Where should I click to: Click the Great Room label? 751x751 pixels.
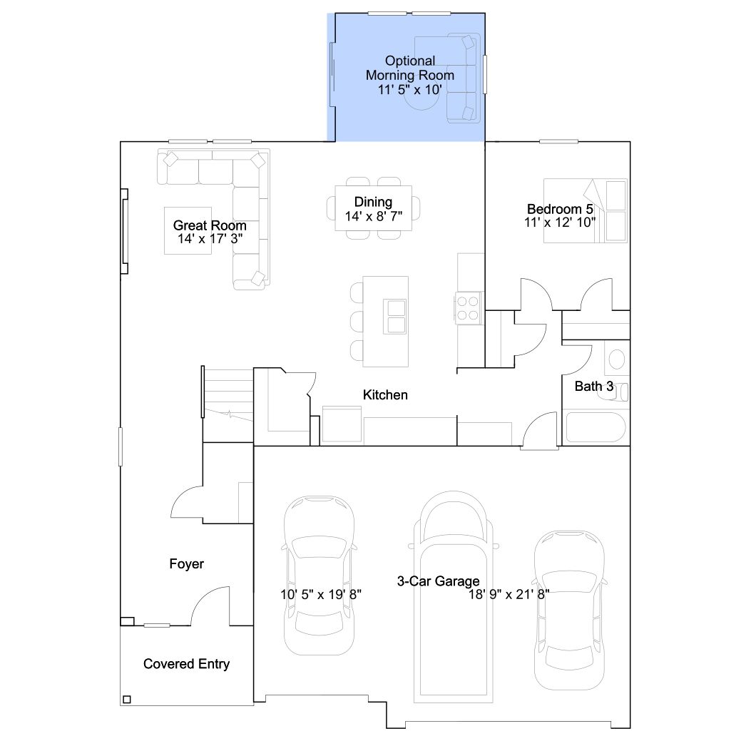click(x=210, y=225)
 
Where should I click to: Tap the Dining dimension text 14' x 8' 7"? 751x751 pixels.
click(x=374, y=217)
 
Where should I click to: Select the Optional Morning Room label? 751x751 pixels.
click(x=410, y=68)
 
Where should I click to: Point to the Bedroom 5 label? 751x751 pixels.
click(x=560, y=209)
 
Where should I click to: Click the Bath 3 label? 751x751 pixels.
click(x=594, y=386)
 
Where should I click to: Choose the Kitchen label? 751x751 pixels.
click(x=385, y=394)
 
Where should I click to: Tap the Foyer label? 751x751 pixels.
click(x=186, y=563)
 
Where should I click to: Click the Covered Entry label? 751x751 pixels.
click(x=186, y=664)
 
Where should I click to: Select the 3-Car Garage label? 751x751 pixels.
click(x=438, y=581)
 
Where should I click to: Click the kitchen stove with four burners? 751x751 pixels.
click(x=467, y=308)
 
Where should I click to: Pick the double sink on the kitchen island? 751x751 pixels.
click(x=395, y=317)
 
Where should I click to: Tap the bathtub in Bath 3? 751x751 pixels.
click(x=596, y=427)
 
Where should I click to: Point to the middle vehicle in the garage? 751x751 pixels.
click(x=454, y=597)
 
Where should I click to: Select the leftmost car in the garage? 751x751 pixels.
click(x=320, y=576)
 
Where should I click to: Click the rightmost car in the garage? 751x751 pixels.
click(x=569, y=610)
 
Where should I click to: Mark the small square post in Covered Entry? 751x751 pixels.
click(x=127, y=699)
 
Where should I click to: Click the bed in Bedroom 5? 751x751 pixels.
click(x=586, y=210)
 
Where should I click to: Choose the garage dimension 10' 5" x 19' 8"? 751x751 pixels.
click(x=320, y=594)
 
